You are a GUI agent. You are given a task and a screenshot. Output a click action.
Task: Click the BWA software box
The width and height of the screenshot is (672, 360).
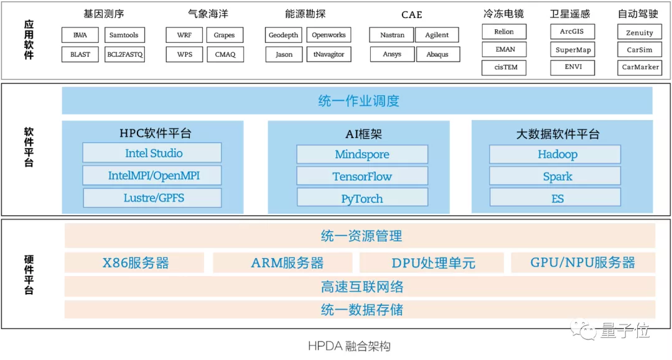[x=80, y=35]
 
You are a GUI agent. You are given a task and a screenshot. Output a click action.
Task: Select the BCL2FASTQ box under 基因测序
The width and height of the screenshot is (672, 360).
[x=124, y=55]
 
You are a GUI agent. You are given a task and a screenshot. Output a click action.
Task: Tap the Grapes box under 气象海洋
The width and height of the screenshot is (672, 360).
[x=225, y=35]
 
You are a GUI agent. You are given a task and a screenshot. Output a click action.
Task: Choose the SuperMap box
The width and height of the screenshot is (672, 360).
[x=572, y=50]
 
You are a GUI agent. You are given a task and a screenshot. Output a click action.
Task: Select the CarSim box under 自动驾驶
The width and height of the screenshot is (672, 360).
[x=639, y=50]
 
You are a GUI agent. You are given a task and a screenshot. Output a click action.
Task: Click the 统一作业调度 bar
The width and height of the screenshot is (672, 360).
[x=357, y=101]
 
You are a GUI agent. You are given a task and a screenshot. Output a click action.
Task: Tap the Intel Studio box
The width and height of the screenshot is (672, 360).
[x=152, y=153]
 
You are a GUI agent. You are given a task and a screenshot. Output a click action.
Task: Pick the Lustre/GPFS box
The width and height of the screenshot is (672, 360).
[x=152, y=198]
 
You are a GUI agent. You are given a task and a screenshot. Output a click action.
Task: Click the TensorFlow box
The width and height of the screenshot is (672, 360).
[x=362, y=177]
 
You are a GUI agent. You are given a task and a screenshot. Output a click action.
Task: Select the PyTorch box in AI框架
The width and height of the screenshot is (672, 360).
[x=362, y=199]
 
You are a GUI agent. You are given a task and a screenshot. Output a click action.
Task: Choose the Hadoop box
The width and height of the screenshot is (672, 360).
[x=556, y=154]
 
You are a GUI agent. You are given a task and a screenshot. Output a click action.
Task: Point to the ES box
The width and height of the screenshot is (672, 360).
[x=556, y=199]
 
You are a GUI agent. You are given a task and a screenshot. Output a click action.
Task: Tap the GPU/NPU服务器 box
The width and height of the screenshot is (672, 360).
[x=582, y=262]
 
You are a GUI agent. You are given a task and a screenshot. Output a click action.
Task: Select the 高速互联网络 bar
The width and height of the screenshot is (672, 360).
[x=360, y=287]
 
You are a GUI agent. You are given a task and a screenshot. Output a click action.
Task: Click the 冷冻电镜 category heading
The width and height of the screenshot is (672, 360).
[x=503, y=14]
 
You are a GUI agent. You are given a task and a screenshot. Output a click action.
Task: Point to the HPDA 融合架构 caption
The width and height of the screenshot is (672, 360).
[x=349, y=346]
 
